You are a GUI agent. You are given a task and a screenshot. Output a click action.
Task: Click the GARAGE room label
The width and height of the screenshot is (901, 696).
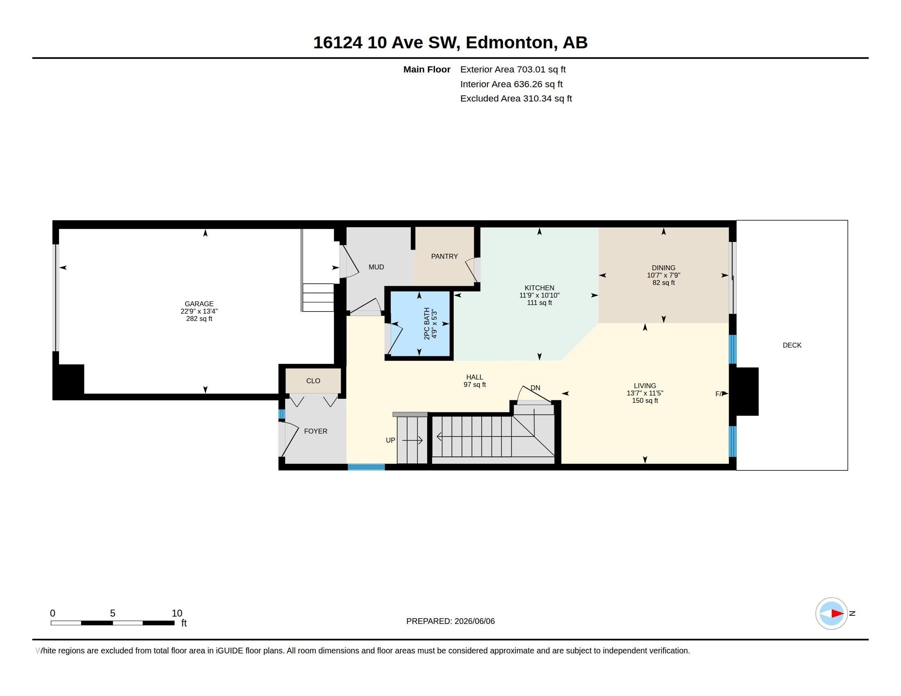[x=199, y=304]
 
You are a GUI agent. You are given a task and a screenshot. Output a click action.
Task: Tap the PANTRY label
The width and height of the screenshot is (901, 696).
[x=444, y=256]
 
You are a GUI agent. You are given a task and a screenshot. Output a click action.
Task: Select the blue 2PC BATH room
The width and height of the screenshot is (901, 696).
[x=419, y=324]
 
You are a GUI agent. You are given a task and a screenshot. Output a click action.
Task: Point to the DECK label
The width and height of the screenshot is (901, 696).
[x=792, y=345]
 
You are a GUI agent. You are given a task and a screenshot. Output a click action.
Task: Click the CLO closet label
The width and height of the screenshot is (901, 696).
[x=313, y=381]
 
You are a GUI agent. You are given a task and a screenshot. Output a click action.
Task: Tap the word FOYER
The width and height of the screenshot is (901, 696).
[x=316, y=431]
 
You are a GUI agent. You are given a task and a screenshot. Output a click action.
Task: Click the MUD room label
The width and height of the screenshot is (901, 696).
[x=376, y=267]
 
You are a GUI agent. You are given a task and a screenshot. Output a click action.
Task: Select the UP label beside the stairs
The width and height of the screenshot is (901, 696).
[x=390, y=441]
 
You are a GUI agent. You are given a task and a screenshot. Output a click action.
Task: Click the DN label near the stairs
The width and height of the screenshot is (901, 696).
[x=535, y=388]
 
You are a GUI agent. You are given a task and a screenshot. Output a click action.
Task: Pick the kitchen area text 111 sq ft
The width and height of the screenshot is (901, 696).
[x=539, y=303]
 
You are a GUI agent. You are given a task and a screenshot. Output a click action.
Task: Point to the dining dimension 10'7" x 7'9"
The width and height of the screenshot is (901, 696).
[x=663, y=276]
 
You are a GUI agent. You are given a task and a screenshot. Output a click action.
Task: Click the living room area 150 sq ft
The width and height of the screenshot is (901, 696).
[x=645, y=401]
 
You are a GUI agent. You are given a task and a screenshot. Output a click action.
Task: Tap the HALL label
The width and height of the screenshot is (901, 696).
[x=474, y=377]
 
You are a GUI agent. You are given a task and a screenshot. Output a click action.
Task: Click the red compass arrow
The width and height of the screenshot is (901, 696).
[x=837, y=614]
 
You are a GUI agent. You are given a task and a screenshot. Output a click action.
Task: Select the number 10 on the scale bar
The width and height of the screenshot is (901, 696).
[x=177, y=613]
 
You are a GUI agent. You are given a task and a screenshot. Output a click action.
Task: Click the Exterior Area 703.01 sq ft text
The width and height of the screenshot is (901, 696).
[x=513, y=70]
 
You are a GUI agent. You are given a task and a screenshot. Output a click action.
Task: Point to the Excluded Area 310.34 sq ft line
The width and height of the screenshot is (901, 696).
[x=516, y=99]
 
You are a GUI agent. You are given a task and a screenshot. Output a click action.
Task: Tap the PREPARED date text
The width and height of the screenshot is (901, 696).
[x=450, y=621]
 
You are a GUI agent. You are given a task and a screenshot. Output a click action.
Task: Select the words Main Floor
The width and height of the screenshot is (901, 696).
[x=427, y=70]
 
